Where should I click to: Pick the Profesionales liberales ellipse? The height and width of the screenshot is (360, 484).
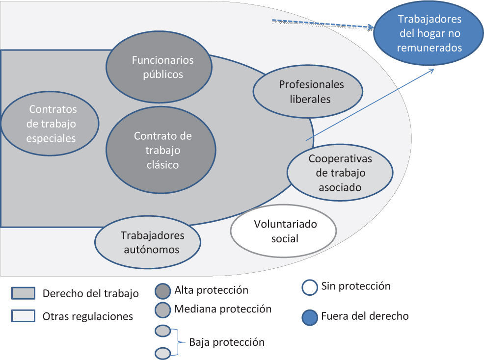pyautogui.click(x=308, y=92)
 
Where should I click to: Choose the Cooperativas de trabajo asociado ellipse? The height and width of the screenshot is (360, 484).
pyautogui.click(x=340, y=173)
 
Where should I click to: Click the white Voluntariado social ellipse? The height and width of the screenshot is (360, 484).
pyautogui.click(x=283, y=231)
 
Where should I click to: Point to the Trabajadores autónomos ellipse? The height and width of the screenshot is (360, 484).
pyautogui.click(x=148, y=242)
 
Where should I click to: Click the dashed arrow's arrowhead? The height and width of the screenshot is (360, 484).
pyautogui.click(x=370, y=28)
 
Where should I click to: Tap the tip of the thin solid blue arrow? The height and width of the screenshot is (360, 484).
pyautogui.click(x=433, y=69)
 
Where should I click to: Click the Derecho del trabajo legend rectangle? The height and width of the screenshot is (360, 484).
pyautogui.click(x=23, y=293)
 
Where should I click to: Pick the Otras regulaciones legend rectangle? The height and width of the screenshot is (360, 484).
pyautogui.click(x=23, y=316)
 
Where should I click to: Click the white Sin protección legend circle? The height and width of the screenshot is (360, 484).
pyautogui.click(x=310, y=287)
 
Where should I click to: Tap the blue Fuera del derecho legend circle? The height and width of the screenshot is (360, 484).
pyautogui.click(x=310, y=317)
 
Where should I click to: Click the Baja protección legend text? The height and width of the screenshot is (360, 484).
pyautogui.click(x=227, y=342)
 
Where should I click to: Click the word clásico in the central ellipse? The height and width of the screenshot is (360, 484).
pyautogui.click(x=162, y=165)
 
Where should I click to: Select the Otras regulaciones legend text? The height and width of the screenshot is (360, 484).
pyautogui.click(x=88, y=316)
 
